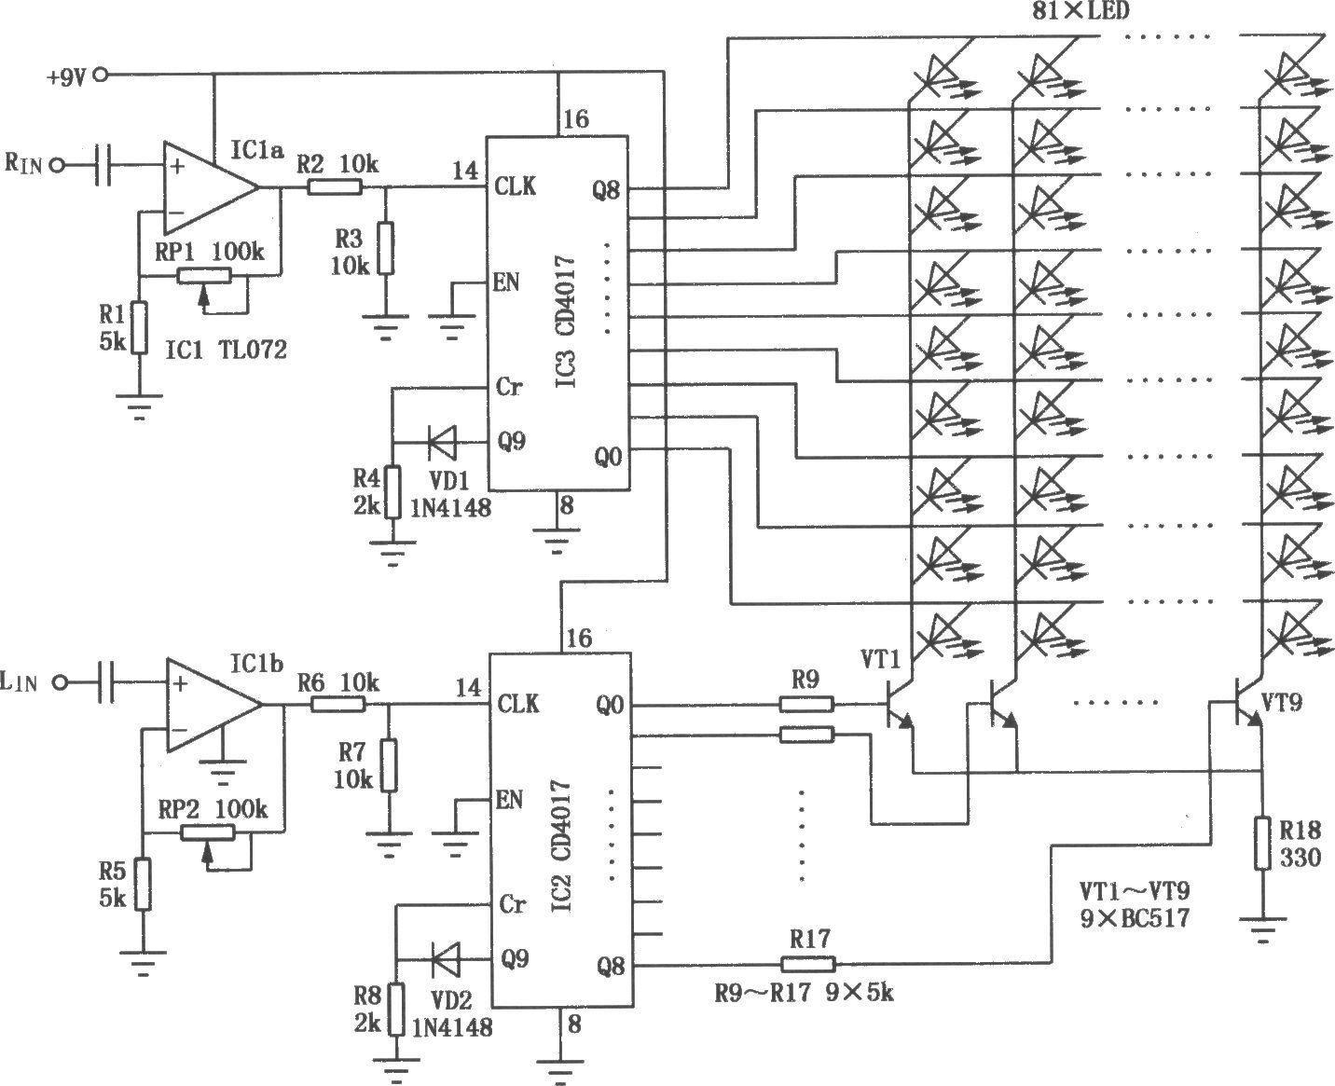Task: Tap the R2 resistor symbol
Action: [x=335, y=186]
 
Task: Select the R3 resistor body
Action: [x=385, y=248]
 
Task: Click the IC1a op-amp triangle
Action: [x=211, y=187]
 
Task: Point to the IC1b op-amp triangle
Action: [x=214, y=705]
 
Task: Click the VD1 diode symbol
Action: [x=442, y=443]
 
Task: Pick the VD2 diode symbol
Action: [x=445, y=959]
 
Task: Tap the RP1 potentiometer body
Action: [x=203, y=275]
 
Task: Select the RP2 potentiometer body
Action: [x=208, y=832]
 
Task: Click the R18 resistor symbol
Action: [x=1262, y=843]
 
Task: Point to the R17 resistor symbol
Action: [x=808, y=965]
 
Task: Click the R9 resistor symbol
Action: [x=806, y=705]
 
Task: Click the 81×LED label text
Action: [x=1080, y=10]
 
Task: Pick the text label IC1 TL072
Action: [x=226, y=349]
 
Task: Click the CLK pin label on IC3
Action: [x=516, y=186]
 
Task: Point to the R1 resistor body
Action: [x=140, y=327]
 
